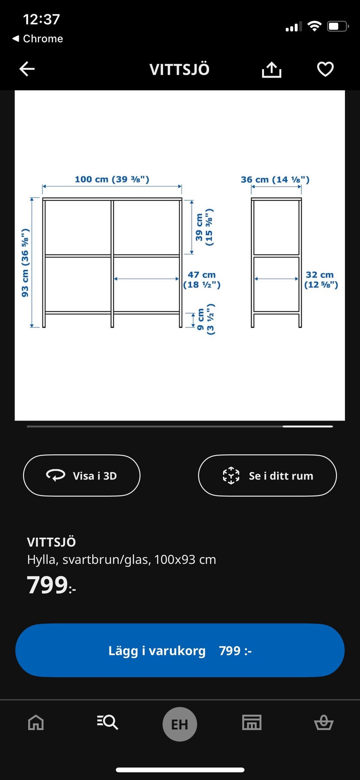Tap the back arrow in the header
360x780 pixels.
tap(27, 69)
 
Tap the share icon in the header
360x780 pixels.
tap(271, 69)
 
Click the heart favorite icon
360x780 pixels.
tap(325, 69)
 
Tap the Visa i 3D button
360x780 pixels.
tap(82, 475)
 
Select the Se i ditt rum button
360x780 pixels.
tap(267, 475)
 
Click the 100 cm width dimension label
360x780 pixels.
tap(112, 179)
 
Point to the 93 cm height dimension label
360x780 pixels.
tap(25, 263)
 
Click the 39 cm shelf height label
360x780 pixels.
tap(204, 227)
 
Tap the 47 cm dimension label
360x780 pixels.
tap(202, 280)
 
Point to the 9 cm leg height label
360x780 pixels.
tap(205, 319)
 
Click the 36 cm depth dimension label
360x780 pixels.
tap(275, 180)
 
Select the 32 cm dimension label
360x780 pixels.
tap(321, 280)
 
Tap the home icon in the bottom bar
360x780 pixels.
tap(36, 722)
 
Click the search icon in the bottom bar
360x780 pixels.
tap(108, 722)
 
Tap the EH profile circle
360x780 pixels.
tap(180, 724)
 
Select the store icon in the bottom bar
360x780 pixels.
tap(252, 722)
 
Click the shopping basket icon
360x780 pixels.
tap(324, 722)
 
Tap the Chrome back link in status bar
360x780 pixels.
tap(37, 38)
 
